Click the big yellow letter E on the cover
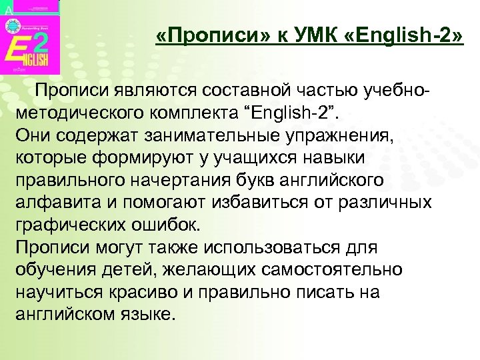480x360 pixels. [x=20, y=51]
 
